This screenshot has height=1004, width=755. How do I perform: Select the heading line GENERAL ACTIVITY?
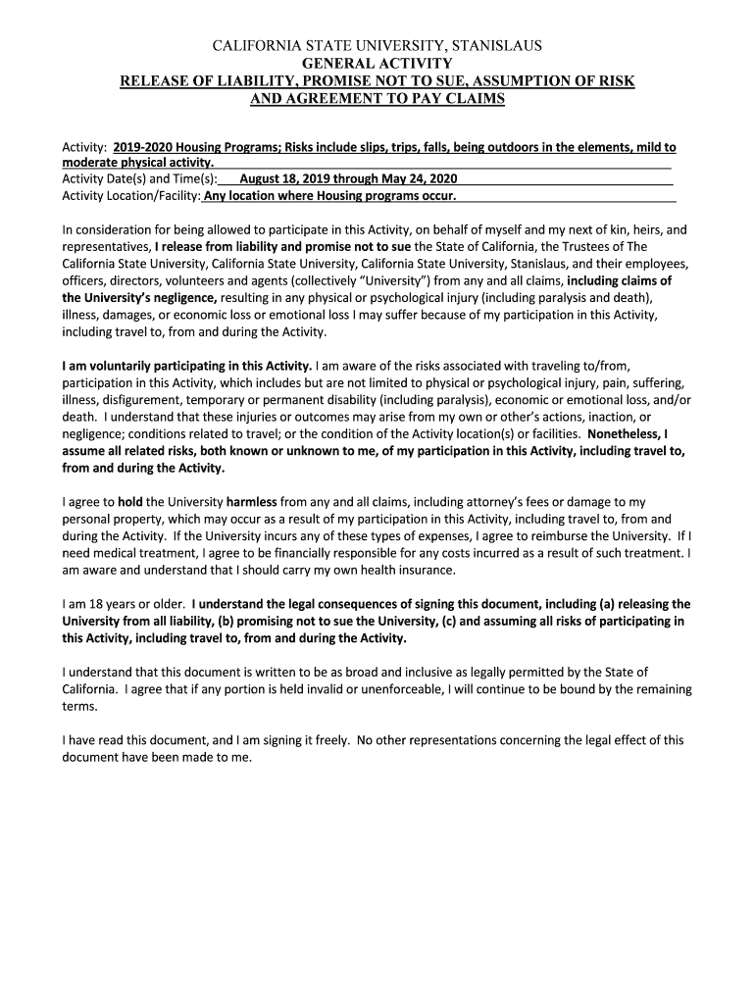tap(377, 63)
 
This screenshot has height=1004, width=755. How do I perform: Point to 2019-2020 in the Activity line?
tap(146, 147)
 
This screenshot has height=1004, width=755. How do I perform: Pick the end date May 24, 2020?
tap(417, 179)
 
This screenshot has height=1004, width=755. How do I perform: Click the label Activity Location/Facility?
tap(131, 196)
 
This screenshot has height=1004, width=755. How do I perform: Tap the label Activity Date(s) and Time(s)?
tap(138, 179)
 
